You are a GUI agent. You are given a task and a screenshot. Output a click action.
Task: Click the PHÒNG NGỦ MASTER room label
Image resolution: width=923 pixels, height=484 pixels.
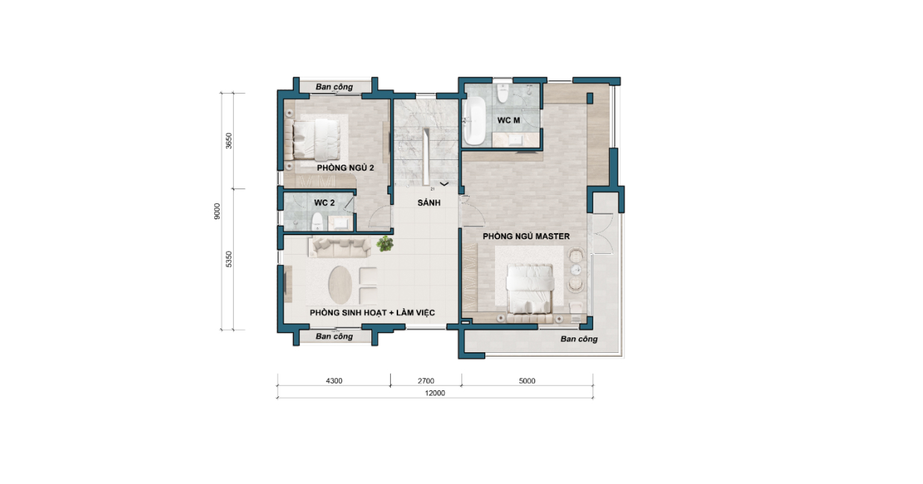pos(526,236)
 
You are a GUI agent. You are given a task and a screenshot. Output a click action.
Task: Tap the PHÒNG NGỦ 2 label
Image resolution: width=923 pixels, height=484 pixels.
pos(345,168)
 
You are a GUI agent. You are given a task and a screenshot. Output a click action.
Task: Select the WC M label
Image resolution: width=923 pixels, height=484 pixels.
pos(508,121)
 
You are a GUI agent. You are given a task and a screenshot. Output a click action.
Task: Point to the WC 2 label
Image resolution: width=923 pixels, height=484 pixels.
pos(325,203)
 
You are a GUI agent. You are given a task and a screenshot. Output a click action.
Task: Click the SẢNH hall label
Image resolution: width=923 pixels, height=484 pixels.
pos(429,203)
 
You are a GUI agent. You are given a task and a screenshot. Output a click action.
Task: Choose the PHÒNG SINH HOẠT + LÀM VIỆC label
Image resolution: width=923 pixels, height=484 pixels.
pos(372,313)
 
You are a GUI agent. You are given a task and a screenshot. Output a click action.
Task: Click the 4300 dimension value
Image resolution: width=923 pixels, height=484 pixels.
pos(334,381)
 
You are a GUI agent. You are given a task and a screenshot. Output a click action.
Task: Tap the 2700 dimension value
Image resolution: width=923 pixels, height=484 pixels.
pos(426,381)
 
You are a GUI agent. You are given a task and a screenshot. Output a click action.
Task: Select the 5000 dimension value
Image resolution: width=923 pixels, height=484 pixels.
pos(527,381)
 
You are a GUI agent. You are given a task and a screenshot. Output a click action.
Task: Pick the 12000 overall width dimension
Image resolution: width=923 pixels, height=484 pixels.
pos(435,393)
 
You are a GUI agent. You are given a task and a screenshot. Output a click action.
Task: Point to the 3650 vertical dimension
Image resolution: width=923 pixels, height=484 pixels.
pos(229,141)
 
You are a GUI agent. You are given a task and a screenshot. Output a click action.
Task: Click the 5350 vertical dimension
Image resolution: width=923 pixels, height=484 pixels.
pos(229,259)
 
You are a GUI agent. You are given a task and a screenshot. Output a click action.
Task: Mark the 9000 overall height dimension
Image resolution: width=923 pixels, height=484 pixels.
pos(217,211)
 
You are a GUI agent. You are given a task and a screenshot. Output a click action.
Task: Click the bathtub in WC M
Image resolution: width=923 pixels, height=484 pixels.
pos(474,121)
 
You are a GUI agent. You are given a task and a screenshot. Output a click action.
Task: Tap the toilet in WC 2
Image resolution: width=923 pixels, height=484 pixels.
pos(317,222)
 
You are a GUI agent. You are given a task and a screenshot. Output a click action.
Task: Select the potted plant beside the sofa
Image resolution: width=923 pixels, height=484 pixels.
pos(385,243)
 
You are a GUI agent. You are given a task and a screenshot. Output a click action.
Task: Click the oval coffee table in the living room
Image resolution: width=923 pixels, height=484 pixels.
pos(340,285)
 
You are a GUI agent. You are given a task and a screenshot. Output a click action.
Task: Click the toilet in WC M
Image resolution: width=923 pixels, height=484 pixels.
pos(502,94)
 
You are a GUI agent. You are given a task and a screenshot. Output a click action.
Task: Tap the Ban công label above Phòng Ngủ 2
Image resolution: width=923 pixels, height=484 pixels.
pos(334,87)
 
